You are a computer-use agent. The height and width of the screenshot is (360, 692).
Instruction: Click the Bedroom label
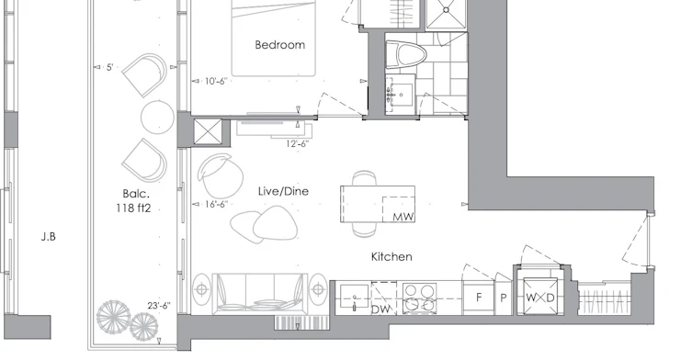pyautogui.click(x=279, y=45)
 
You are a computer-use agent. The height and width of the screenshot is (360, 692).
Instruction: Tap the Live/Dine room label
pyautogui.click(x=283, y=191)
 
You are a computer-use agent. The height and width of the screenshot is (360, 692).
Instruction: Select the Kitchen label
pyautogui.click(x=391, y=257)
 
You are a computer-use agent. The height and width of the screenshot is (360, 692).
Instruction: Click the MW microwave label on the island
pyautogui.click(x=403, y=217)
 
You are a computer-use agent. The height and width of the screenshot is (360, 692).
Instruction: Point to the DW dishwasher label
pyautogui.click(x=380, y=309)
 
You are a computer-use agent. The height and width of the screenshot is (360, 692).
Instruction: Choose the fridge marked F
pyautogui.click(x=479, y=298)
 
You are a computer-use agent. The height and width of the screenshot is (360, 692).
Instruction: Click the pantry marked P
pyautogui.click(x=503, y=298)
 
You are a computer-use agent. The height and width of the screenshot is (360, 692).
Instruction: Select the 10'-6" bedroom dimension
pyautogui.click(x=215, y=81)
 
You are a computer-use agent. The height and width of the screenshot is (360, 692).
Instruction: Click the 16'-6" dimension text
pyautogui.click(x=216, y=204)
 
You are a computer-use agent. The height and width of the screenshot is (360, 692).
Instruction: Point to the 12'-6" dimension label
pyautogui.click(x=298, y=143)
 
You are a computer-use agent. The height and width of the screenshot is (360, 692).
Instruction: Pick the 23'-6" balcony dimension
pyautogui.click(x=159, y=306)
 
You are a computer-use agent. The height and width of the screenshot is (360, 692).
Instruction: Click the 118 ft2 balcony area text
pyautogui.click(x=134, y=208)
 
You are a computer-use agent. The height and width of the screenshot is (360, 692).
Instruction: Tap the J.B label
pyautogui.click(x=49, y=237)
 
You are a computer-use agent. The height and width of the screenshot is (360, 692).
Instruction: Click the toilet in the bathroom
pyautogui.click(x=406, y=55)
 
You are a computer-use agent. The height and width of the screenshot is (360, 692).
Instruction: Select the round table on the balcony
pyautogui.click(x=157, y=117)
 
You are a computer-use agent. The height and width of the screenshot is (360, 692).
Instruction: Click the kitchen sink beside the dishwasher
pyautogui.click(x=354, y=298)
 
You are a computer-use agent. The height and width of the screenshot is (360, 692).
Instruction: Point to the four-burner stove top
pyautogui.click(x=419, y=298)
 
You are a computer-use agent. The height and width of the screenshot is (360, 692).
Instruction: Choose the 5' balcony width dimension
pyautogui.click(x=110, y=67)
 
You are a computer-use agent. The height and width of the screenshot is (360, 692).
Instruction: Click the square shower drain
pyautogui.click(x=447, y=10)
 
